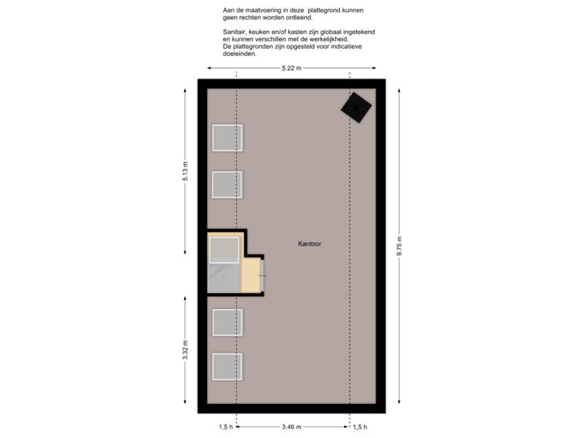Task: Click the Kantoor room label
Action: [x=310, y=243]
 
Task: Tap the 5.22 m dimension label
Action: [x=291, y=68]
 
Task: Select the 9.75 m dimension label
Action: [x=399, y=246]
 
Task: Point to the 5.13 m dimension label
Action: [x=185, y=171]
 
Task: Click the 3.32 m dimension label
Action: [x=185, y=350]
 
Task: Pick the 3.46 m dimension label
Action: [x=291, y=426]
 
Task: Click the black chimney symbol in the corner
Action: [x=355, y=106]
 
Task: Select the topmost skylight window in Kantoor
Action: [x=227, y=138]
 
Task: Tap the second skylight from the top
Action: [x=227, y=184]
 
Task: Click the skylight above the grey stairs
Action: [x=225, y=250]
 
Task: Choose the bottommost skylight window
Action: [x=227, y=367]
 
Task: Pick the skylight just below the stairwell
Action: [x=227, y=322]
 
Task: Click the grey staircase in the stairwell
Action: [x=224, y=277]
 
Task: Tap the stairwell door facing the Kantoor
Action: [x=262, y=276]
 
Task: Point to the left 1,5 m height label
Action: [x=226, y=426]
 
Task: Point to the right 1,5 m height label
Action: [x=359, y=426]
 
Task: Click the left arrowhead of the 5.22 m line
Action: [x=200, y=68]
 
